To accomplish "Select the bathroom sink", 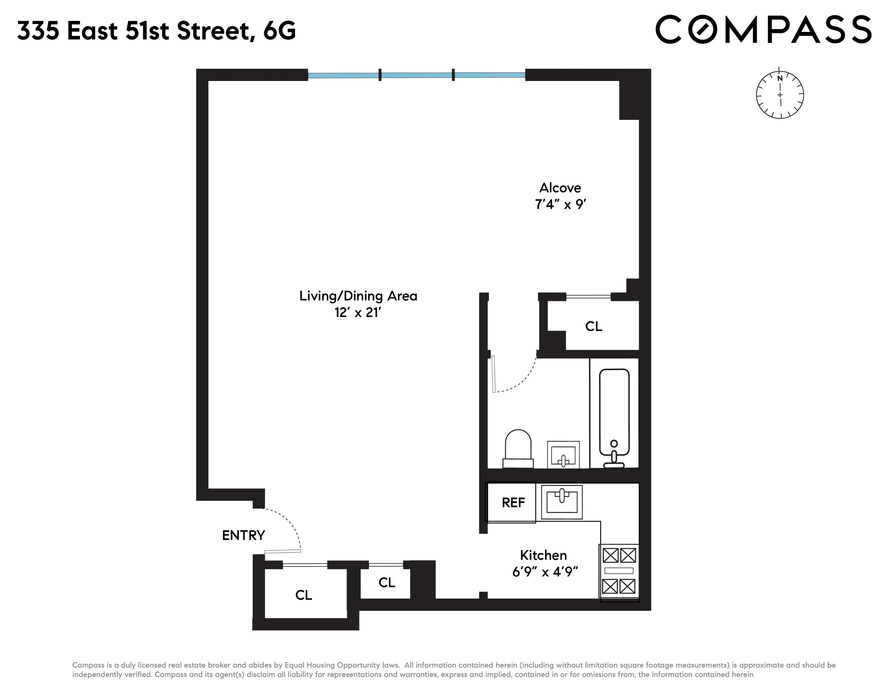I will [563, 455].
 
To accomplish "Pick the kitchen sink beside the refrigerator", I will [562, 502].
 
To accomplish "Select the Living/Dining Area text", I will [358, 296].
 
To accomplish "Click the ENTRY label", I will [244, 535].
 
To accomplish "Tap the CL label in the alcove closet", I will [594, 326].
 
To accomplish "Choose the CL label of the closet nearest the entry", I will [303, 595].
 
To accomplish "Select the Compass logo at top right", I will [763, 29].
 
